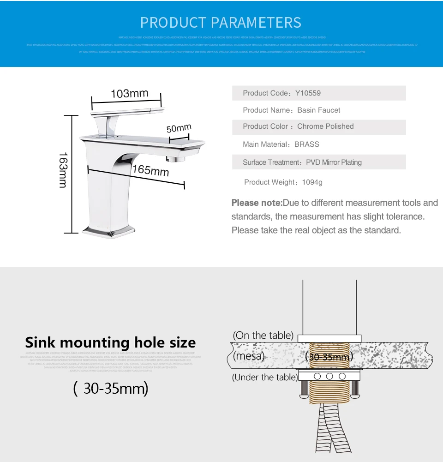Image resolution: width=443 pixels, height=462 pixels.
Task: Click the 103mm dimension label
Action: coord(129,94)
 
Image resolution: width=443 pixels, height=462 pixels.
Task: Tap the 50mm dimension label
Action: coord(179,128)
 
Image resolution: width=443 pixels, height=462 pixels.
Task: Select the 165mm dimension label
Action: coord(150,170)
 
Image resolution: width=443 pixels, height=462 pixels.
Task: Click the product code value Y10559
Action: coord(308,93)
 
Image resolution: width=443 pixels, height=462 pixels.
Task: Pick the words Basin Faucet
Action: coord(318,110)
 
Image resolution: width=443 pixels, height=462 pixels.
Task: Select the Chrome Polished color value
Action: coord(325,126)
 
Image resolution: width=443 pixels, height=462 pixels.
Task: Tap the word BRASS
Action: coord(307,144)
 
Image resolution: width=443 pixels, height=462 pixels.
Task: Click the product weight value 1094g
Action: coord(312,182)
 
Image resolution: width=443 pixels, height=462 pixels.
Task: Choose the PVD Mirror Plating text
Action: coord(334,162)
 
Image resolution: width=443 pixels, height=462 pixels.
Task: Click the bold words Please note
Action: coord(257,203)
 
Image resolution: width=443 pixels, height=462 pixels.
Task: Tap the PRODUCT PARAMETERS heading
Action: coord(221,22)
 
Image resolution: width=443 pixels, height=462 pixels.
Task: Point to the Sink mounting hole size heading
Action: coord(110,342)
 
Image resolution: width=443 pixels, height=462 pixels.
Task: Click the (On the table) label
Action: coord(263,336)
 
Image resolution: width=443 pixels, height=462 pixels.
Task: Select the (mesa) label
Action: coord(249,356)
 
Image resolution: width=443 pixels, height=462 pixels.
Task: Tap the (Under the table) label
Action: coord(265,378)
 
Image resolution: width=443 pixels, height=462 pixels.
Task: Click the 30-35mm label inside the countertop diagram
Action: coord(329,357)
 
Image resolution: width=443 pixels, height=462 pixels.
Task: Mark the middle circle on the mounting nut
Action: coord(329,377)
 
